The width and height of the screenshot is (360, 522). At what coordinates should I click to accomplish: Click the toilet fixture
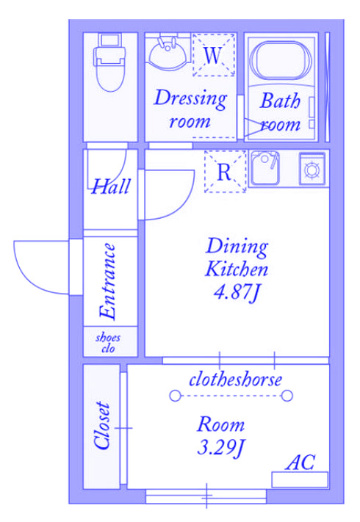tap(110, 62)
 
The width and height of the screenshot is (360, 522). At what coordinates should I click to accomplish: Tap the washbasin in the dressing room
tap(168, 53)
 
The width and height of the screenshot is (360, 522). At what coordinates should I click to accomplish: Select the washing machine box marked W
tap(214, 55)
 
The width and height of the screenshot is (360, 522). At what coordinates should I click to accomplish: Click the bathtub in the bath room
tap(281, 61)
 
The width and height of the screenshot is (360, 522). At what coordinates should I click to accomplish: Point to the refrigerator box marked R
tap(225, 172)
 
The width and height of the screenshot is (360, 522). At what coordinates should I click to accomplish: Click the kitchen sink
tap(265, 168)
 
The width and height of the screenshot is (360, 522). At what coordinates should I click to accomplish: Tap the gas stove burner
tap(312, 169)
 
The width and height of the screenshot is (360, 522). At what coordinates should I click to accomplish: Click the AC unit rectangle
tap(300, 479)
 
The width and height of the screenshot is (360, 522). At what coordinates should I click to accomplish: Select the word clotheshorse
tap(235, 380)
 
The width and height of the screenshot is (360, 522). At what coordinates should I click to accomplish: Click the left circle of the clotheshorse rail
tap(175, 396)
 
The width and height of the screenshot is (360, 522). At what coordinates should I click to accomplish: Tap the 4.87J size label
tap(236, 293)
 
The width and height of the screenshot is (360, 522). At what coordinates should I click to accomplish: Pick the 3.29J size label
tap(221, 448)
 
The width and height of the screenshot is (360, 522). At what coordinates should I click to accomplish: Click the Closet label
tap(102, 426)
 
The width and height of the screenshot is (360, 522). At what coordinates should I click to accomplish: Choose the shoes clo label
tap(108, 343)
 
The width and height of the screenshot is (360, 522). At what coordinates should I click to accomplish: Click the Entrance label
tap(107, 282)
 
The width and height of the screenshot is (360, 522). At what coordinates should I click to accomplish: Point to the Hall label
tap(111, 186)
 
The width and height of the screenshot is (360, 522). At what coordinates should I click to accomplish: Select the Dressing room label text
tap(191, 109)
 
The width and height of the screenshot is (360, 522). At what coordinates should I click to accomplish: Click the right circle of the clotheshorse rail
tap(287, 396)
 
